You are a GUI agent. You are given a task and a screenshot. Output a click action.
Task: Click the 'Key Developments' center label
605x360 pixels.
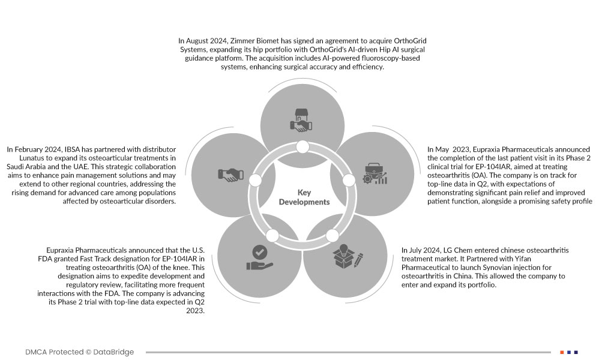pyautogui.click(x=304, y=197)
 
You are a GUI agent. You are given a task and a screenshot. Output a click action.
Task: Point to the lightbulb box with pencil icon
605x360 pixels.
pyautogui.click(x=348, y=255)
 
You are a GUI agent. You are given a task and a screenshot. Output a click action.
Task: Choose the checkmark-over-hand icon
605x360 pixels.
pyautogui.click(x=258, y=257)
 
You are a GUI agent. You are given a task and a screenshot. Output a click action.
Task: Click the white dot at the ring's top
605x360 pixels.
pyautogui.click(x=302, y=146)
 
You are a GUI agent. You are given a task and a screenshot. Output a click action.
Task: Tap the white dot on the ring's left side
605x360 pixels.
pyautogui.click(x=254, y=181)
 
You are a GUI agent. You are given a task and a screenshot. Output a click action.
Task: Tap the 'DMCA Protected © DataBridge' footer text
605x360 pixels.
pyautogui.click(x=79, y=352)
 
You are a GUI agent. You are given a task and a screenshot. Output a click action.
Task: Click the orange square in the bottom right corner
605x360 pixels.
pyautogui.click(x=562, y=352)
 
